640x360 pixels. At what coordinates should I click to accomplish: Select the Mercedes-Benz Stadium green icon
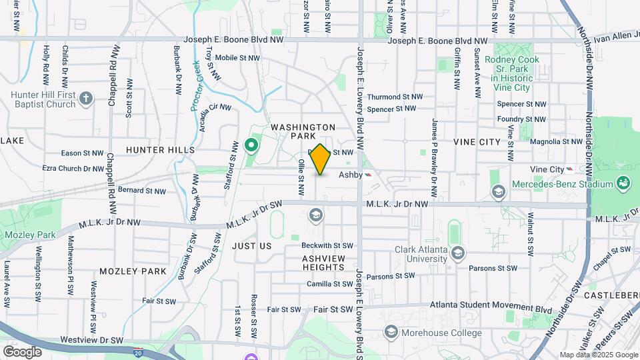click(x=623, y=183)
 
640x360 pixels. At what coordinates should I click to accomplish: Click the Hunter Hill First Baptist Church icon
click(x=85, y=99)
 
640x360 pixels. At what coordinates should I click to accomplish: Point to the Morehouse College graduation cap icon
click(x=391, y=333)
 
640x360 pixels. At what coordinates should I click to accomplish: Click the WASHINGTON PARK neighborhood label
click(x=303, y=131)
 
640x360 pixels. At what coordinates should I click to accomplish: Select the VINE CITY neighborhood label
click(x=477, y=142)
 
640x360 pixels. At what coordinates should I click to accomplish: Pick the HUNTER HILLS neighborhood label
click(x=160, y=150)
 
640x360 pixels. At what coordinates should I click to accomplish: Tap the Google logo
click(x=22, y=351)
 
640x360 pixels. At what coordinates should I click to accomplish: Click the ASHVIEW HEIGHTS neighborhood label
click(x=323, y=263)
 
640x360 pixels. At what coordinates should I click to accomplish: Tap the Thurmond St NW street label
click(x=395, y=97)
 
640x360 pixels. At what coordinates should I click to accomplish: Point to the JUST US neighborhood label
click(x=252, y=246)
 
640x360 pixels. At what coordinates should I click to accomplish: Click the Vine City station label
click(x=547, y=170)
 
